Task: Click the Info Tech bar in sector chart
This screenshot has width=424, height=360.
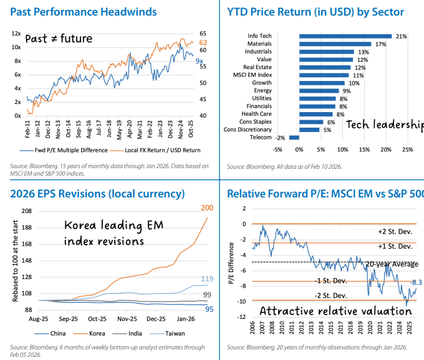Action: pyautogui.click(x=345, y=36)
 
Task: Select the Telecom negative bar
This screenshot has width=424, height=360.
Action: pyautogui.click(x=294, y=138)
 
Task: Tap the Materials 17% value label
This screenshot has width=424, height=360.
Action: pyautogui.click(x=380, y=44)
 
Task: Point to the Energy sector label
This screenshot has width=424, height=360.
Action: pyautogui.click(x=263, y=91)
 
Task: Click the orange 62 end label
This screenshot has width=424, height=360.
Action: pyautogui.click(x=203, y=42)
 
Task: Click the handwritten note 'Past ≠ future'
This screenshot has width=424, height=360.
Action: pyautogui.click(x=59, y=39)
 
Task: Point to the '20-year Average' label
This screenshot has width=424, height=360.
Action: pyautogui.click(x=392, y=265)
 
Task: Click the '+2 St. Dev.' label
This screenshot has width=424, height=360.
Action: pyautogui.click(x=393, y=231)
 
